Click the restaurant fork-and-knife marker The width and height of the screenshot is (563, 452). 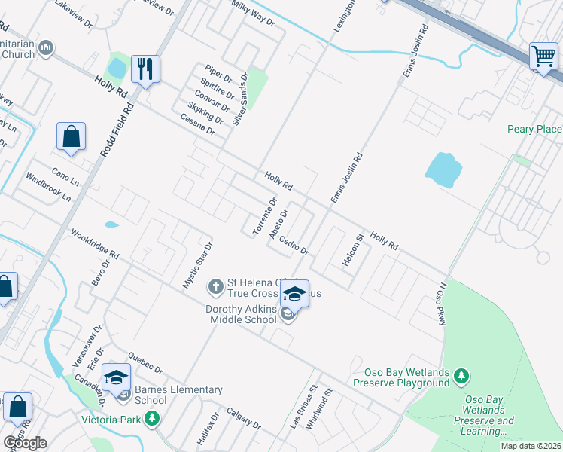coord(144,69)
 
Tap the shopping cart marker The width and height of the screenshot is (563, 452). coord(543,56)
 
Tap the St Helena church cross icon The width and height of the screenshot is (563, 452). coord(216,286)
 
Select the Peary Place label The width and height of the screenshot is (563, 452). coord(534,129)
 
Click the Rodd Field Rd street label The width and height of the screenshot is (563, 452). coord(117,129)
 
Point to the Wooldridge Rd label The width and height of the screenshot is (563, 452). coord(95,243)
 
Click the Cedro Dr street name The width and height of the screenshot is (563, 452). coord(294,245)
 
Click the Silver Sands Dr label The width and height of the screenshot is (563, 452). coord(239,99)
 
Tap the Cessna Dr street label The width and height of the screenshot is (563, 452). coord(197,124)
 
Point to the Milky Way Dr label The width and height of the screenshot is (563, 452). coord(254,14)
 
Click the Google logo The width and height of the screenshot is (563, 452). coord(25,443)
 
